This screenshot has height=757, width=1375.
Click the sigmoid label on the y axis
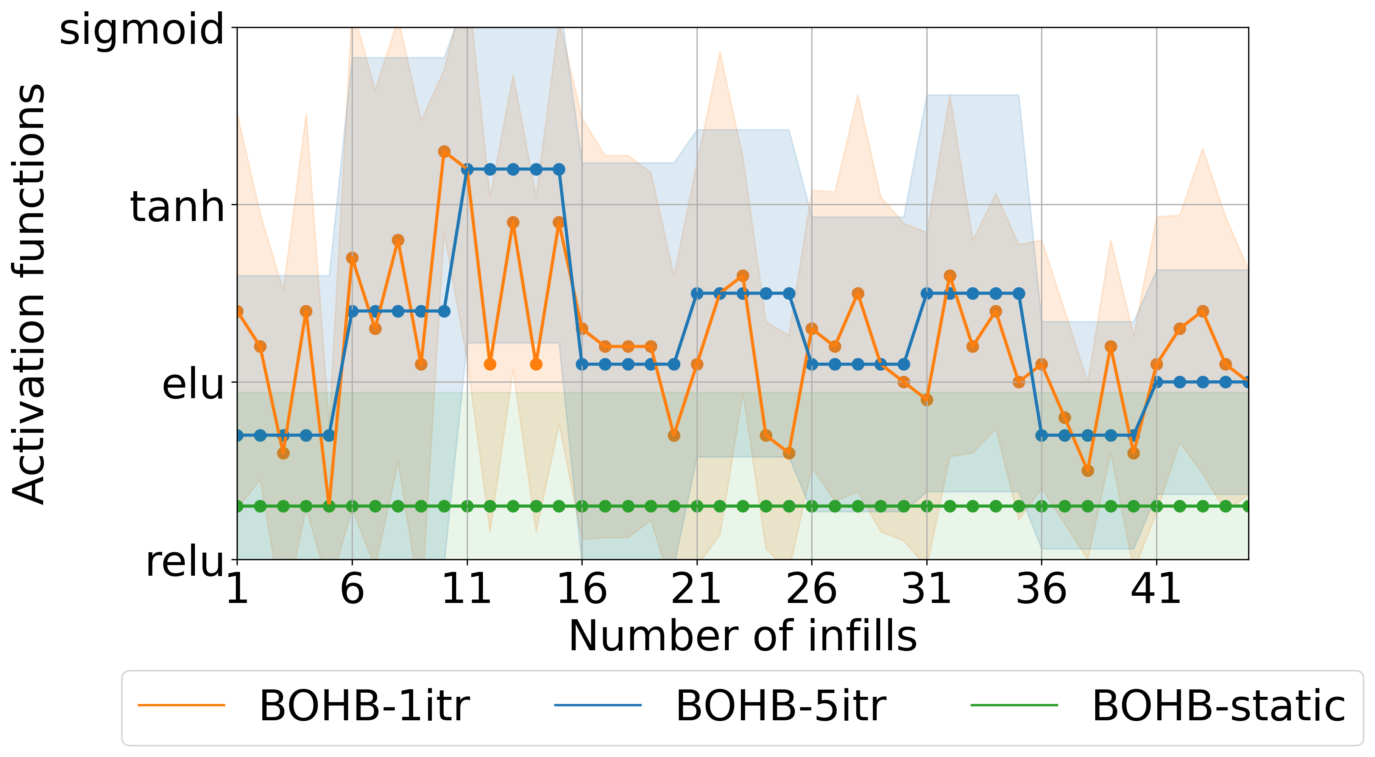tap(142, 30)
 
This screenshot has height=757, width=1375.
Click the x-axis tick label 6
tap(352, 589)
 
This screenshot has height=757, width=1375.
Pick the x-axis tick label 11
tap(467, 589)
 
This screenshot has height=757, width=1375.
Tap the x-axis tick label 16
tap(582, 589)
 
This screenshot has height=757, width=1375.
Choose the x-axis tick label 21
tap(697, 589)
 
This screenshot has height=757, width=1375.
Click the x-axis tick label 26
tap(811, 589)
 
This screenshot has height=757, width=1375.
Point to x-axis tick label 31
tap(927, 589)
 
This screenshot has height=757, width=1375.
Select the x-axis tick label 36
tap(1041, 589)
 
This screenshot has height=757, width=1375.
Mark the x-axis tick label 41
tap(1156, 589)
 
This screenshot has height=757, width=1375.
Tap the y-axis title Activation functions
tap(30, 293)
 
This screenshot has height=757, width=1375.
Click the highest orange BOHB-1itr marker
tap(444, 151)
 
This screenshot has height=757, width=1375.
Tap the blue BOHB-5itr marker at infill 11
tap(467, 170)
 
